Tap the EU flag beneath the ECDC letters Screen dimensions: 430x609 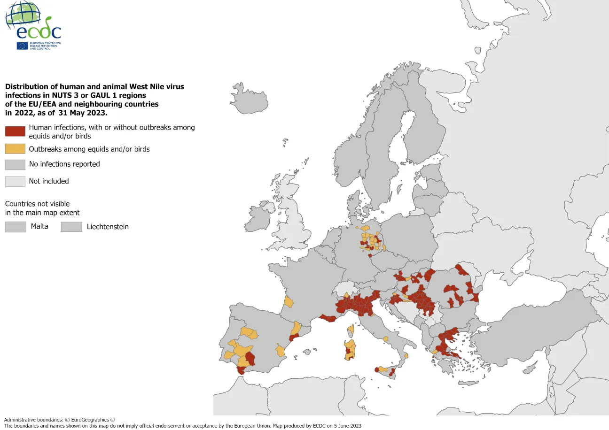[x=22, y=46]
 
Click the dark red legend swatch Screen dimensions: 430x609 [x=15, y=131]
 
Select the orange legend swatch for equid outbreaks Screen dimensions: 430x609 [x=15, y=149]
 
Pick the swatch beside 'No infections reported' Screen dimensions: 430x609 [x=15, y=164]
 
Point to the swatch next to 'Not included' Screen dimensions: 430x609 [x=15, y=181]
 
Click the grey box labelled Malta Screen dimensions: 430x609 [x=15, y=227]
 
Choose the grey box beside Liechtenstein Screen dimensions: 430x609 [x=71, y=227]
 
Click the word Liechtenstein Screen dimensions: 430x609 [x=108, y=227]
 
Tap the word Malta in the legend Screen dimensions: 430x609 [x=39, y=227]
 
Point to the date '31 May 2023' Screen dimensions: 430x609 [x=83, y=113]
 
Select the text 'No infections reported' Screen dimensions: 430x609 [x=64, y=164]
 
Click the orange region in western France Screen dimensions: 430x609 [x=289, y=302]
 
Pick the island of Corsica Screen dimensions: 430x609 [x=350, y=331]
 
